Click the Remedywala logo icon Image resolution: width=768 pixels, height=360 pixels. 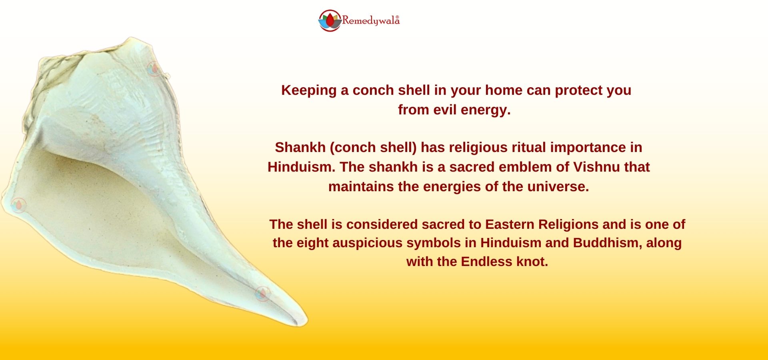coord(330,20)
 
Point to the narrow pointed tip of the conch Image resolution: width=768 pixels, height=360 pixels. coord(306,322)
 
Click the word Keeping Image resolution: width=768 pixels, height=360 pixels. coord(309,90)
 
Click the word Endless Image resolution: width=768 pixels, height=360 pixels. coord(486,262)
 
